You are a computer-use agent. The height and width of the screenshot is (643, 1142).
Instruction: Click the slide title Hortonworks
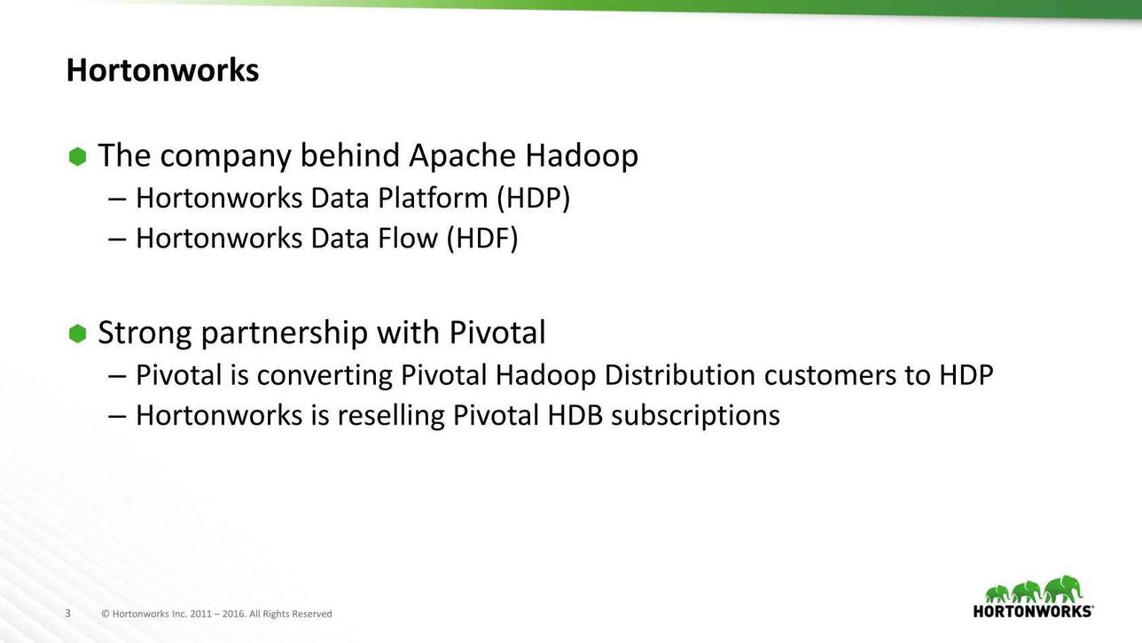tap(162, 70)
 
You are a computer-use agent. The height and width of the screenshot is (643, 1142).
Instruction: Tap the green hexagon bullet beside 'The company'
tap(77, 157)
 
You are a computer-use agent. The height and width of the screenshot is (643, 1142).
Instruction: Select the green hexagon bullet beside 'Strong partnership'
tap(77, 334)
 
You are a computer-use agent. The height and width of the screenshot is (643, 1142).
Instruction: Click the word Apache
tap(463, 155)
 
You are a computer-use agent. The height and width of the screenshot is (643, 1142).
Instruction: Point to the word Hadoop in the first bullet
tap(582, 155)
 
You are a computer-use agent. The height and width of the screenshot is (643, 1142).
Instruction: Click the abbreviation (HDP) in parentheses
tap(533, 198)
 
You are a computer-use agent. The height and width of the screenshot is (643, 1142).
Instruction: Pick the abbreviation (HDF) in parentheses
tap(482, 238)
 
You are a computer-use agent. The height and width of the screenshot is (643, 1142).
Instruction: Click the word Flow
tap(407, 238)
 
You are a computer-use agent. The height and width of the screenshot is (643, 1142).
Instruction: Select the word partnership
tap(285, 333)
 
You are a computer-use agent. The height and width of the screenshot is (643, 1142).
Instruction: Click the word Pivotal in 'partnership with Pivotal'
tap(497, 333)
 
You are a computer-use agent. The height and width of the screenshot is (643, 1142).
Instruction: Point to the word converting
tap(325, 376)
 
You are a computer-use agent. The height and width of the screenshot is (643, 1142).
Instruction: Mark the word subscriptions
tap(695, 416)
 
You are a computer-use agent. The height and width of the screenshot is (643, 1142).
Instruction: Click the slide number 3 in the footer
tap(67, 614)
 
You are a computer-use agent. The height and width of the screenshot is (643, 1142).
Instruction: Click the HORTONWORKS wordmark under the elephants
tap(1033, 611)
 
